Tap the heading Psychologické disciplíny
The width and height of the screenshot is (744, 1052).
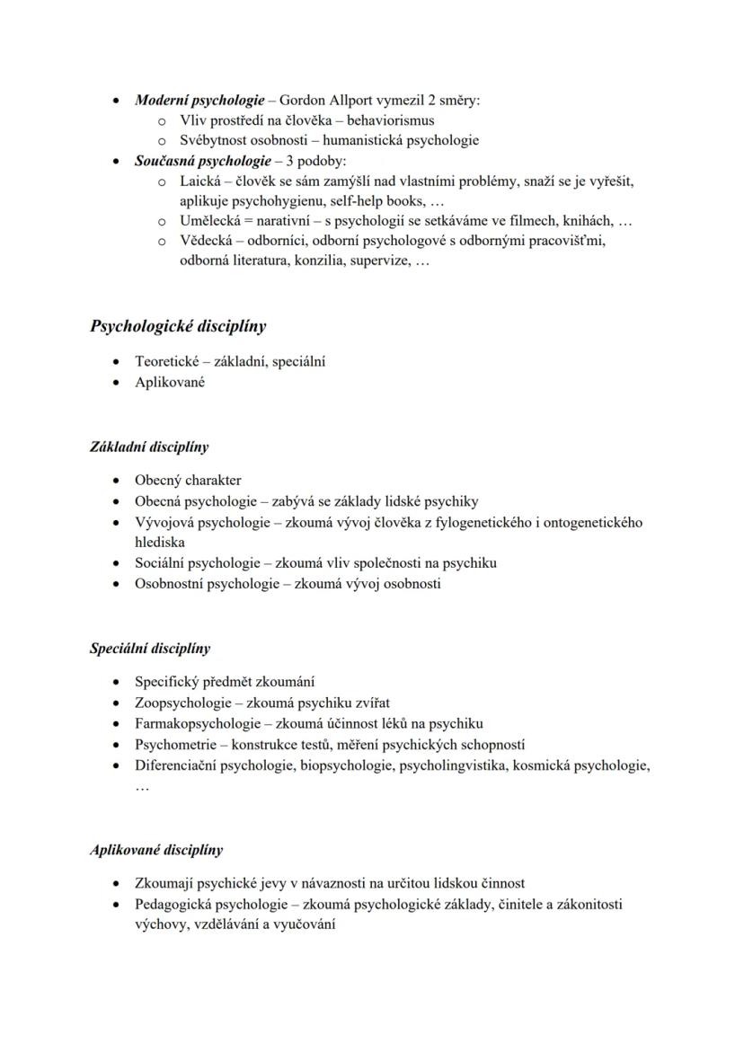[x=178, y=326]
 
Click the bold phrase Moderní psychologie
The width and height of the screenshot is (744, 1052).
[x=199, y=100]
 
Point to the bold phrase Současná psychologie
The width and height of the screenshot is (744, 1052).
[x=202, y=161]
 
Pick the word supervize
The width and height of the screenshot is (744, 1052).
[x=377, y=261]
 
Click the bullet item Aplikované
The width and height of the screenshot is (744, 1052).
[x=170, y=382]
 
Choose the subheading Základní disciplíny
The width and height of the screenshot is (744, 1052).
[x=149, y=446]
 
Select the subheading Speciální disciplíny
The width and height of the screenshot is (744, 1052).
[x=150, y=648]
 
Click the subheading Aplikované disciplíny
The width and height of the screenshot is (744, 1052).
[x=156, y=849]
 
